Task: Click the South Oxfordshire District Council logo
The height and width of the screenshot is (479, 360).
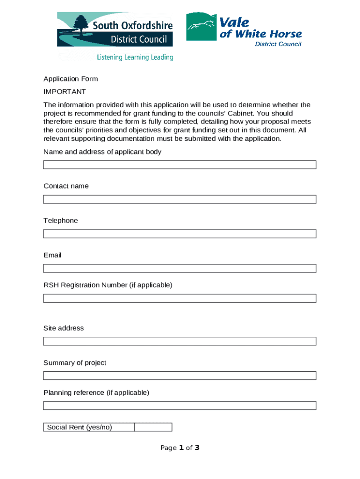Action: coord(115,30)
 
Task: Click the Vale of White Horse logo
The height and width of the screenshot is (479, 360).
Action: coord(244,29)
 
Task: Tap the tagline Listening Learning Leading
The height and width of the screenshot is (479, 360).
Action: coord(135,58)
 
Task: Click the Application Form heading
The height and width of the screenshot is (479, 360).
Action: coord(71,79)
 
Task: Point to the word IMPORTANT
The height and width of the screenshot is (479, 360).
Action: coord(65,92)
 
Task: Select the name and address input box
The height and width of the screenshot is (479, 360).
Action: coord(180,165)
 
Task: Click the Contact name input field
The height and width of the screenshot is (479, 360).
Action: coord(180,199)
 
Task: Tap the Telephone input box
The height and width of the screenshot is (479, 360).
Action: coord(180,234)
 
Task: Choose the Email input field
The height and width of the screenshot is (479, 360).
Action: coord(180,269)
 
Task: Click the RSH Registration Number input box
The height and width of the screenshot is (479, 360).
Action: coord(180,298)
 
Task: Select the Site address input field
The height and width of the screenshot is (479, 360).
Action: coord(180,341)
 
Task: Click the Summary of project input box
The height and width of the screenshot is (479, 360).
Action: coord(180,376)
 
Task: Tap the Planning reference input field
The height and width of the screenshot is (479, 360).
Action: coord(180,406)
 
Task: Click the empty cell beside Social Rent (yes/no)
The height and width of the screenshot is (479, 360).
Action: coord(153,427)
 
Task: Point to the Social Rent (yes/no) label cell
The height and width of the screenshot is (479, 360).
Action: coord(89,427)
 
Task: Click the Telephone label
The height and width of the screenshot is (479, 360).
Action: coord(61,220)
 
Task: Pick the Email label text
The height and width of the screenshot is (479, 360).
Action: coord(52,255)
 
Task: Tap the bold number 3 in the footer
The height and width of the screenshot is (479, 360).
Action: coord(197,448)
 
